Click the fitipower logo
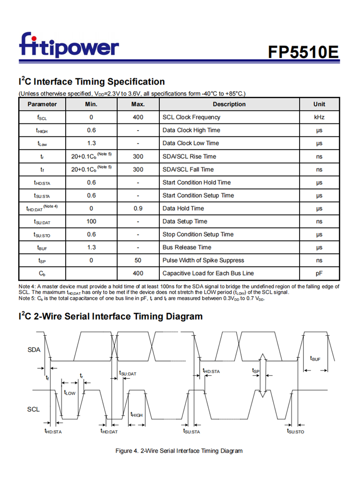click(69, 46)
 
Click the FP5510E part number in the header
click(303, 51)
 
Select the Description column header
click(229, 104)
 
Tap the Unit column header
click(319, 104)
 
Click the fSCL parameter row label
click(42, 118)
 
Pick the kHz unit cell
click(319, 117)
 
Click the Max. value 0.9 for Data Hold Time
click(138, 208)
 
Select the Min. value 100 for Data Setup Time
click(91, 221)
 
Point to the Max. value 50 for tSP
click(138, 260)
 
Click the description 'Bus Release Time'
click(187, 247)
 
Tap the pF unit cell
click(319, 273)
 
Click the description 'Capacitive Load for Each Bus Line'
click(208, 273)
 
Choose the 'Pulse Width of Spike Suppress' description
click(203, 260)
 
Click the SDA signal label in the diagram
click(34, 350)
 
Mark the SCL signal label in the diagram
click(33, 409)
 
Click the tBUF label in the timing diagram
click(315, 359)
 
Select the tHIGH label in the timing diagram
click(136, 414)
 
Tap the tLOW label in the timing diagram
click(70, 392)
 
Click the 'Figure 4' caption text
click(179, 451)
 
